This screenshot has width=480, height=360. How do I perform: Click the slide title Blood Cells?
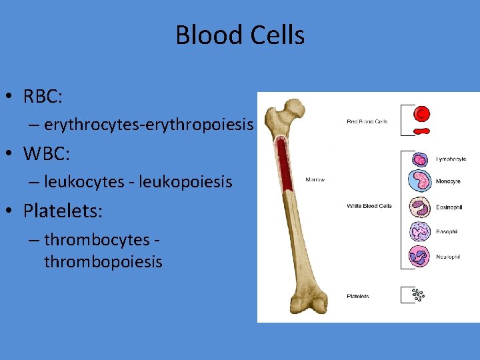(240, 35)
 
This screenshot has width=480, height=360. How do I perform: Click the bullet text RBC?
(43, 97)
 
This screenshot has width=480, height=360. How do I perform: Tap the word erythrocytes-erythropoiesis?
(149, 125)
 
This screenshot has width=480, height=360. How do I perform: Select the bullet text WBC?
(47, 154)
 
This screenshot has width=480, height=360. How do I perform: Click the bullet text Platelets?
(63, 211)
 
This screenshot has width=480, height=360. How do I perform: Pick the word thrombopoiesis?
(103, 262)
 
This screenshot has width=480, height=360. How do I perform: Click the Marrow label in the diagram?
(314, 179)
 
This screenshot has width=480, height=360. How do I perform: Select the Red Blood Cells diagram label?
(367, 122)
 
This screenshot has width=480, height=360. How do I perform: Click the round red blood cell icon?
(421, 114)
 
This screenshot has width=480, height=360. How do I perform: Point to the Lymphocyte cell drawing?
(420, 159)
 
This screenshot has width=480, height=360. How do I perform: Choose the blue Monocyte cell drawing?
(420, 181)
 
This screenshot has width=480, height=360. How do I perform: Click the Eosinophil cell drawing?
(420, 207)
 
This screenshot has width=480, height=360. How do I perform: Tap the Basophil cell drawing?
(420, 231)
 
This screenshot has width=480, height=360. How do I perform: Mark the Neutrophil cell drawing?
(420, 256)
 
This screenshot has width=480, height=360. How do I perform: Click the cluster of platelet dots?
(418, 294)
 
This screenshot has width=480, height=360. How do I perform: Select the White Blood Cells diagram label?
(369, 206)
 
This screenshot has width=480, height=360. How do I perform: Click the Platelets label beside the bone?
(358, 296)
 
